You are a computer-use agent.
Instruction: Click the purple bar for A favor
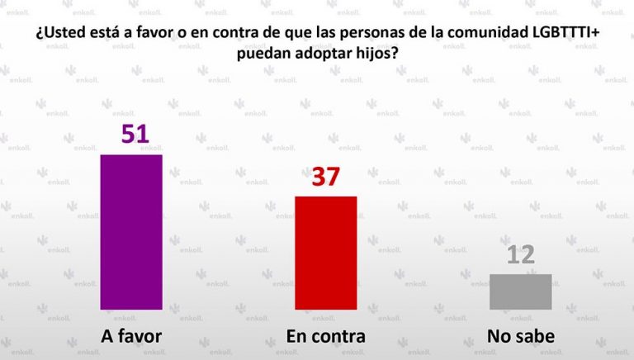tap(130, 231)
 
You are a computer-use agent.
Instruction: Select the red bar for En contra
tap(325, 252)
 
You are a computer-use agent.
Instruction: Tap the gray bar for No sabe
tap(520, 291)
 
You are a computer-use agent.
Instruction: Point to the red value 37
tap(326, 178)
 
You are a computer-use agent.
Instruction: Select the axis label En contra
tap(325, 336)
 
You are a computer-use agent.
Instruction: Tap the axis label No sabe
tap(520, 336)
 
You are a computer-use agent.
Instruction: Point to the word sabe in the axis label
tap(537, 336)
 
